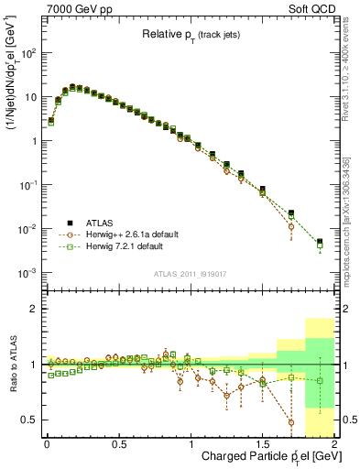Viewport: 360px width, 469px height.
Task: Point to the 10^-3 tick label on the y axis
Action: click(x=27, y=273)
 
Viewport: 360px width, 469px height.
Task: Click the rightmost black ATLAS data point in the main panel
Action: click(x=320, y=242)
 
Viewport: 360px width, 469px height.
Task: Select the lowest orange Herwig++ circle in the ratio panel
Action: click(x=291, y=422)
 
